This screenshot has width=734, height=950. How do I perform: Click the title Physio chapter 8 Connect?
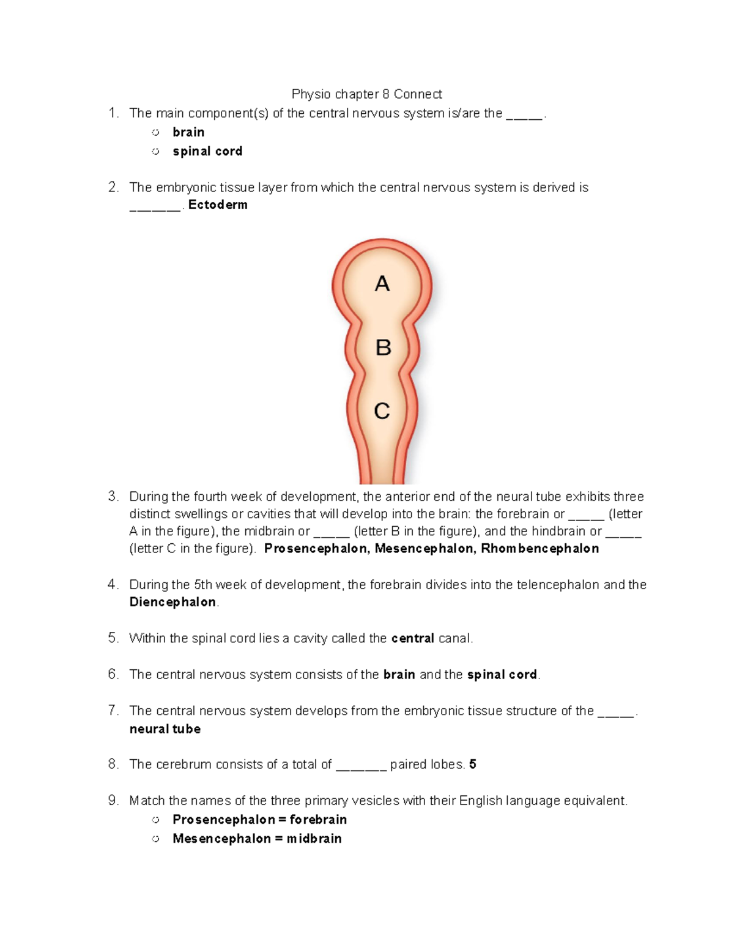[x=366, y=94]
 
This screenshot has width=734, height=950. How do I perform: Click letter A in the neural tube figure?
[x=382, y=284]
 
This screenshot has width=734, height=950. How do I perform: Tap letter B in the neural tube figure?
[x=383, y=347]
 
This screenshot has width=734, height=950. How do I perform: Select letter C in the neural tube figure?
[x=382, y=411]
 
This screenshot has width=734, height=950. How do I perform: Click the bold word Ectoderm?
[x=218, y=205]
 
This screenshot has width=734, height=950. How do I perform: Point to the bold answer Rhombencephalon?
[x=539, y=549]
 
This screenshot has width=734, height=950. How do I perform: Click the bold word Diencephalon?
[x=172, y=603]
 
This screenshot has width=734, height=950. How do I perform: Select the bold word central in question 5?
[x=413, y=639]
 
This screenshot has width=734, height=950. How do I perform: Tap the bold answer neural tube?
[x=165, y=729]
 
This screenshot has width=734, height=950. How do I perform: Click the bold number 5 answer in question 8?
[x=473, y=765]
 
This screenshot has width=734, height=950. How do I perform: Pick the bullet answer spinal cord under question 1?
[x=207, y=151]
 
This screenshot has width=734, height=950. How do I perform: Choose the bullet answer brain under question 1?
[x=188, y=132]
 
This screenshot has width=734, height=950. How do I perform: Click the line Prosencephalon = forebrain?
[x=259, y=820]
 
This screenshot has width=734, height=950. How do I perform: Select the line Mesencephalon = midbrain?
[x=257, y=839]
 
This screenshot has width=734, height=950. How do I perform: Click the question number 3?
[x=113, y=496]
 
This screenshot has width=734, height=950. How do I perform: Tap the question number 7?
[x=113, y=711]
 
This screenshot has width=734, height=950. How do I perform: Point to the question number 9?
[x=113, y=801]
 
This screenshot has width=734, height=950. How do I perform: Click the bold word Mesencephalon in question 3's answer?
[x=424, y=549]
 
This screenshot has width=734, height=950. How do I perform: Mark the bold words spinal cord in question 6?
[x=502, y=675]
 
